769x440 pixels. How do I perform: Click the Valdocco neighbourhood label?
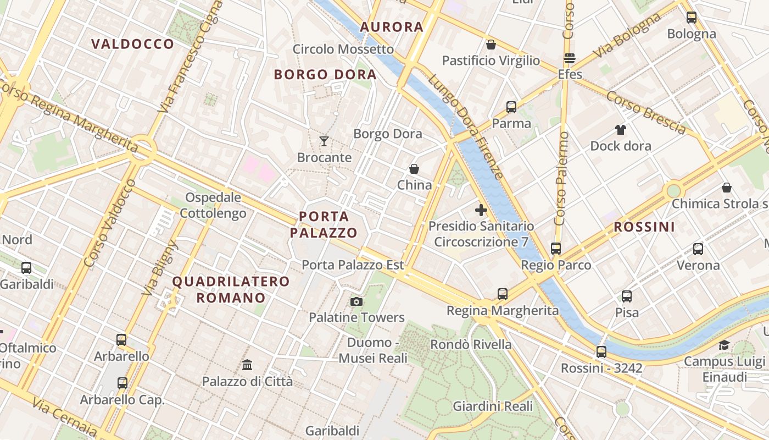click(132, 44)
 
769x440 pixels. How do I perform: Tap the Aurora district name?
click(392, 26)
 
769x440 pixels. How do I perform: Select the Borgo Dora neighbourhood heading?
click(325, 74)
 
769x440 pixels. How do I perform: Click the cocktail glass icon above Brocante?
click(324, 141)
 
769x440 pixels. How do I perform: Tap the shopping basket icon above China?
click(414, 169)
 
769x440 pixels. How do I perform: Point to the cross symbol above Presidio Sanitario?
click(481, 210)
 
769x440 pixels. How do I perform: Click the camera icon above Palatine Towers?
click(356, 301)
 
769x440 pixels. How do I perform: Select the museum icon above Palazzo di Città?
click(247, 365)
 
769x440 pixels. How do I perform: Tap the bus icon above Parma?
click(511, 107)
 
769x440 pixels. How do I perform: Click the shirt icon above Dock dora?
click(621, 130)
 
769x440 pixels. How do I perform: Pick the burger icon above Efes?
click(570, 58)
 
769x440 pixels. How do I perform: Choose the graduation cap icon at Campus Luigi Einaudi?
click(725, 345)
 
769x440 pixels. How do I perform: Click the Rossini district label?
click(644, 227)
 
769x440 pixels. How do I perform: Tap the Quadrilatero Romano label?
click(231, 289)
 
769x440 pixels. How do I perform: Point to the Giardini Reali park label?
click(493, 406)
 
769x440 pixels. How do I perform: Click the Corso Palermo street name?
click(561, 179)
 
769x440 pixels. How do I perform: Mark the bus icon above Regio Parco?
click(556, 249)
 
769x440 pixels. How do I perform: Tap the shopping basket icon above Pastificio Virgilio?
click(491, 45)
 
